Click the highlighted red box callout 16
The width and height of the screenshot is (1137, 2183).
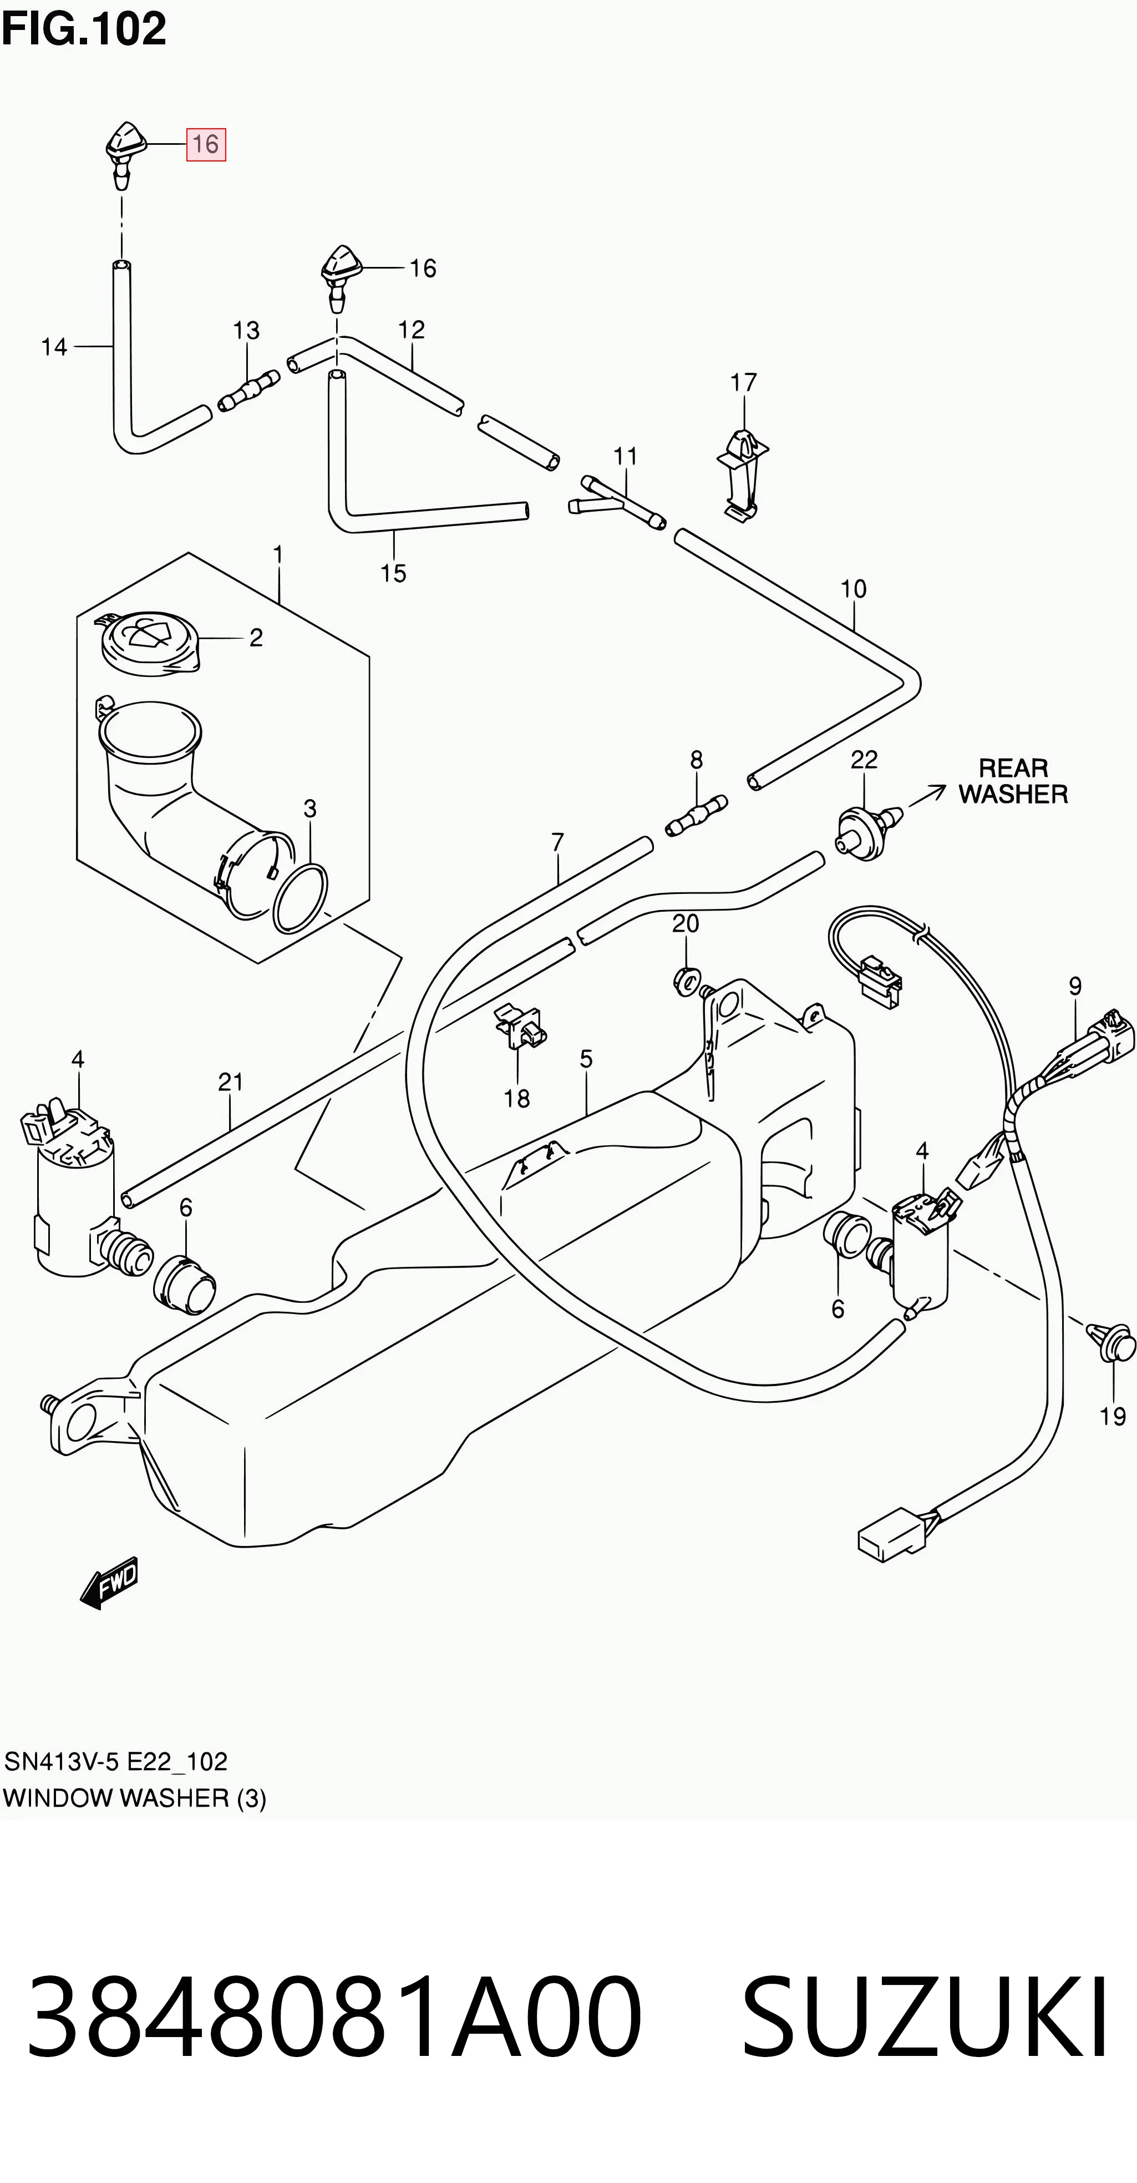click(206, 144)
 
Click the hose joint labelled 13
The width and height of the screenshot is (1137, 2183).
click(249, 392)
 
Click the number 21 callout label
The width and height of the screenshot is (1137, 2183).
click(230, 1082)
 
